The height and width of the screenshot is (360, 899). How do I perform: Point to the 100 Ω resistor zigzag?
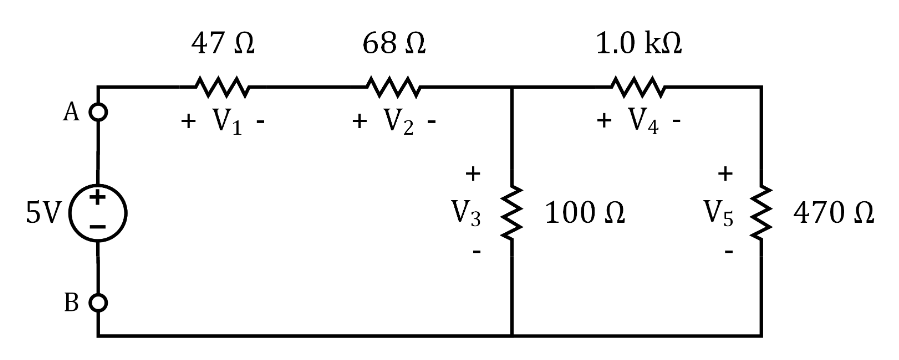512,212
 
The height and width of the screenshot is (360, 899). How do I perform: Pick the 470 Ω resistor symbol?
762,212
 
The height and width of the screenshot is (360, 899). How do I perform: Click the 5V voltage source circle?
97,212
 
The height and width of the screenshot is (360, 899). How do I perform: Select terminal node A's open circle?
97,112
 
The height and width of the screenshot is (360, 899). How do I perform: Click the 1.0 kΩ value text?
640,45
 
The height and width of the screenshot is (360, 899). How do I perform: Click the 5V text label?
44,213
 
